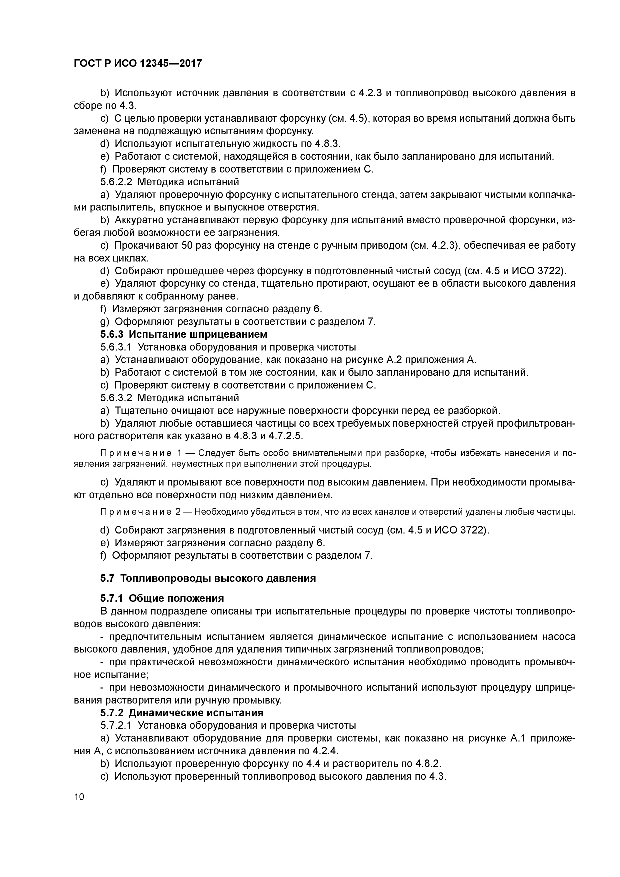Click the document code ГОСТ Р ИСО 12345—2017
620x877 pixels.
click(x=137, y=63)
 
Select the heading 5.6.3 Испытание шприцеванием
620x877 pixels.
click(x=183, y=334)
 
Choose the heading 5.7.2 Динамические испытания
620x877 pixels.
click(x=182, y=713)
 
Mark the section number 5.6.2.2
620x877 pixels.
click(x=116, y=181)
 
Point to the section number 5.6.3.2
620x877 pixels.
click(x=116, y=398)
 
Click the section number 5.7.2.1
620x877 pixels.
click(x=116, y=725)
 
